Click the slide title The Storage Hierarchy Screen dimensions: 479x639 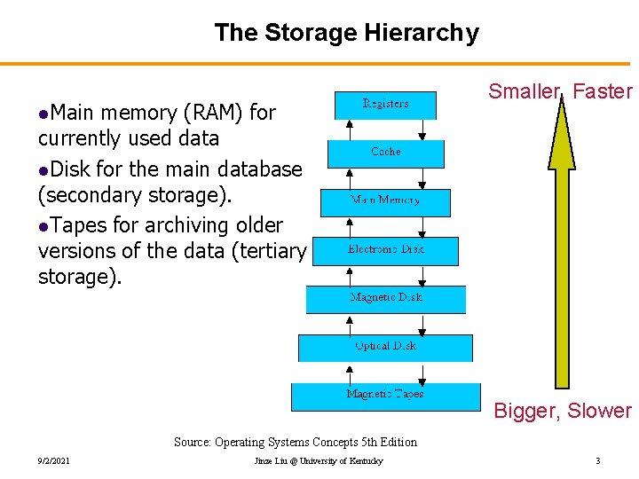pyautogui.click(x=346, y=33)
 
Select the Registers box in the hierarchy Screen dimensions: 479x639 pyautogui.click(x=385, y=105)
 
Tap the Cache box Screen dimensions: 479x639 pyautogui.click(x=385, y=153)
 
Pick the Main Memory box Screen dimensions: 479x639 pyautogui.click(x=385, y=201)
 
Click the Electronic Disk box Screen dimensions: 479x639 pyautogui.click(x=385, y=250)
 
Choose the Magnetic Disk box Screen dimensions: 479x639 pyautogui.click(x=385, y=299)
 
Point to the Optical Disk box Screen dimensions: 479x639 pyautogui.click(x=385, y=347)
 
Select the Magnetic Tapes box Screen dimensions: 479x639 pyautogui.click(x=384, y=395)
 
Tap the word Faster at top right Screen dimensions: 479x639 pyautogui.click(x=603, y=91)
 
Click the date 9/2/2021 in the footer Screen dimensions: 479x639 pyautogui.click(x=54, y=461)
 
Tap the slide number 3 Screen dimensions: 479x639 pyautogui.click(x=598, y=461)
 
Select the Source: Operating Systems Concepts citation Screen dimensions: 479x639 pyautogui.click(x=295, y=442)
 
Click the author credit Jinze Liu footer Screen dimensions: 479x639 pyautogui.click(x=319, y=461)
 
